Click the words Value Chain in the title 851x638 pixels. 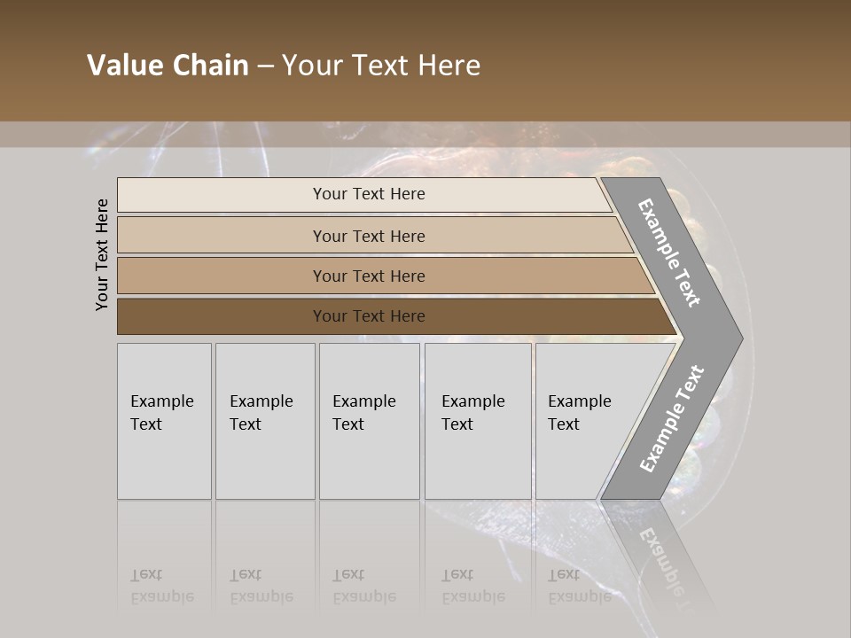point(168,66)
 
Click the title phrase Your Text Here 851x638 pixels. point(381,66)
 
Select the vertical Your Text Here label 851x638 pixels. point(102,254)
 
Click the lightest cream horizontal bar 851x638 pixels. point(368,194)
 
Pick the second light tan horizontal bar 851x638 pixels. point(368,236)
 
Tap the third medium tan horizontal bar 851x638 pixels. point(368,276)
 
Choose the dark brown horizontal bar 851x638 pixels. point(368,316)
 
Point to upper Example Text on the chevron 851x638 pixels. point(669,253)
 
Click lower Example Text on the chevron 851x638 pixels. point(672,418)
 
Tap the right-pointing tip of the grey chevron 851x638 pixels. point(738,338)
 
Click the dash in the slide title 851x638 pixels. point(265,66)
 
